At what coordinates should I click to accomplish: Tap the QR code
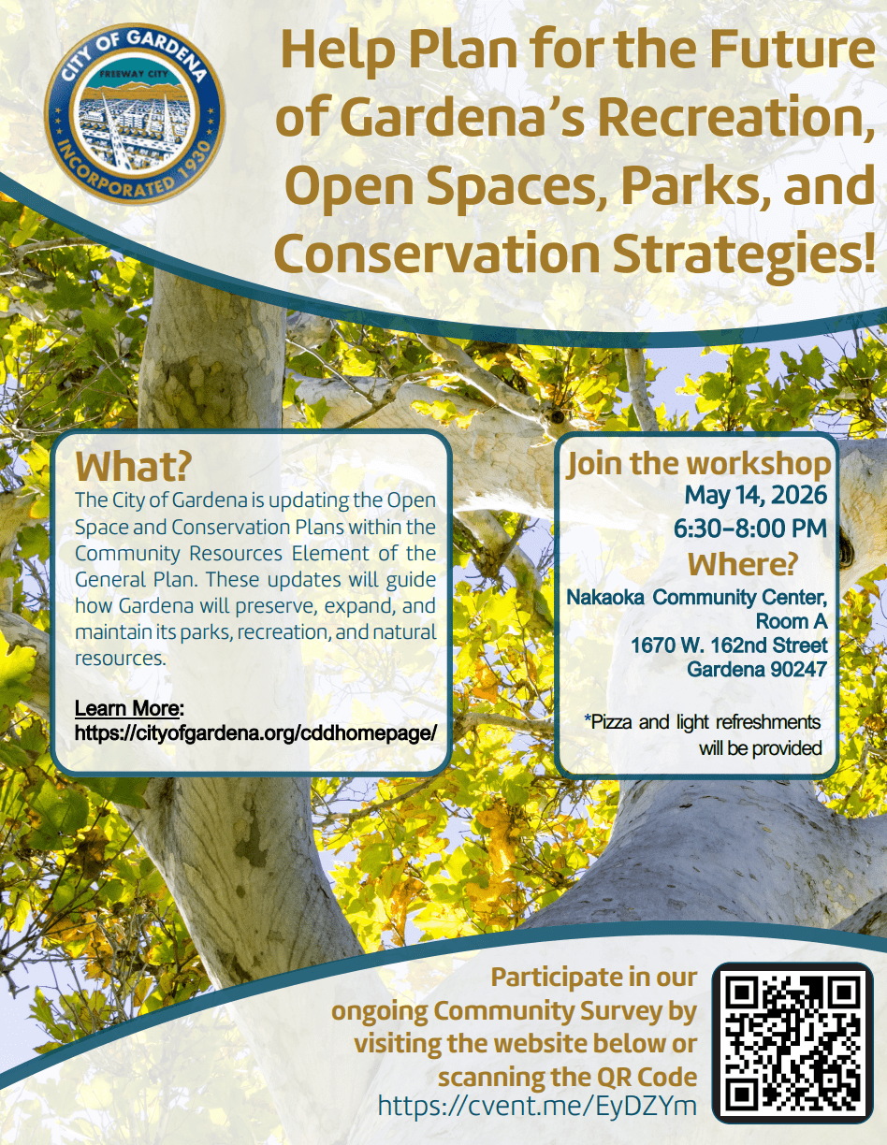[792, 1043]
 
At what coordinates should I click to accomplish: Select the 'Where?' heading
[743, 564]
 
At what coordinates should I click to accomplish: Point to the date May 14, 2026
[755, 494]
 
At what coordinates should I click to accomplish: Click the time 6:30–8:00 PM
[750, 529]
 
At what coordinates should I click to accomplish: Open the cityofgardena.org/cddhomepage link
[255, 732]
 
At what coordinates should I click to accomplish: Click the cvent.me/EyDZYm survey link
[537, 1107]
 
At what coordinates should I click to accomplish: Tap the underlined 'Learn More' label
[129, 707]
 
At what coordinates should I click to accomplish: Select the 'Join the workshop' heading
[698, 464]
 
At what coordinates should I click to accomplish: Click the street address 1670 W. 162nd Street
[729, 645]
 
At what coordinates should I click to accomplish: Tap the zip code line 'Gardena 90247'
[757, 670]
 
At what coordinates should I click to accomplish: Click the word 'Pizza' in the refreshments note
[621, 722]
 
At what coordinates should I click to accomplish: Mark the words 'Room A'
[792, 621]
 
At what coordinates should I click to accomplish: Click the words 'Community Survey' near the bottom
[565, 1011]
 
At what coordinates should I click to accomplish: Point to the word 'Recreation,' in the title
[729, 119]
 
